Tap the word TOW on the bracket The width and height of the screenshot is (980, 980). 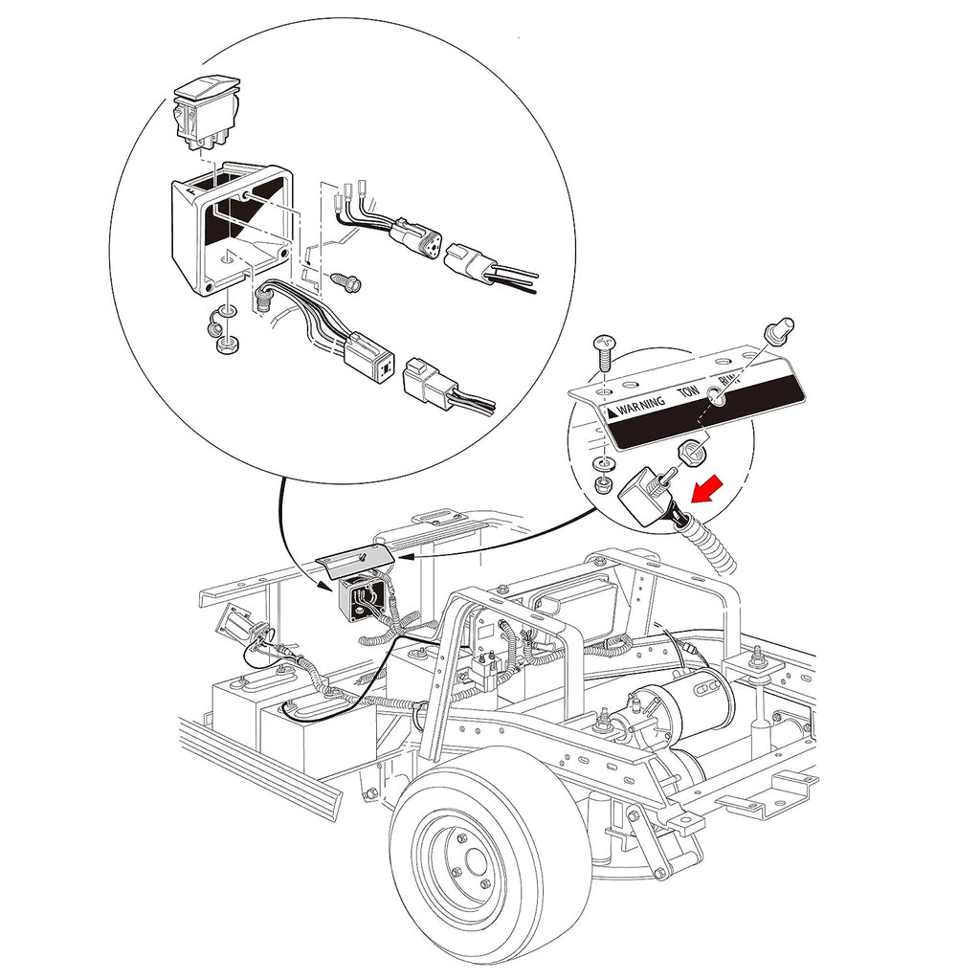coord(688,392)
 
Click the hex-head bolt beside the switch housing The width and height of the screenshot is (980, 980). coord(344,282)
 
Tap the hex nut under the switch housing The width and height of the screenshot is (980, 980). coord(224,345)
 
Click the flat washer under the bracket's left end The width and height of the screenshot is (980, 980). coord(600,464)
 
